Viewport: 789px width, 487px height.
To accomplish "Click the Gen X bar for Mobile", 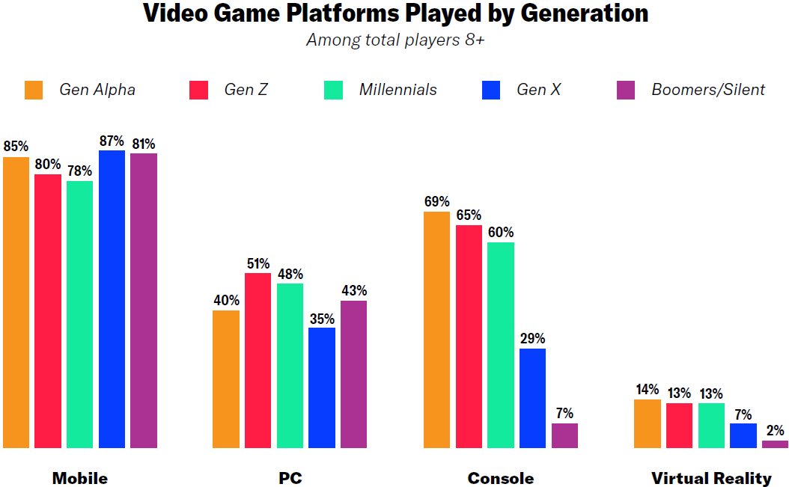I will (112, 299).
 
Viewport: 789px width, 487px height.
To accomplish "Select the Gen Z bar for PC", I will (258, 361).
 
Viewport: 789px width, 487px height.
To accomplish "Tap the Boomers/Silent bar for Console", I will (564, 435).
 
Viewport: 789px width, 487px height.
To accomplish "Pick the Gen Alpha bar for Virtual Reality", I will (648, 423).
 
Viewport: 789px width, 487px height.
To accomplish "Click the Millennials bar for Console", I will (501, 345).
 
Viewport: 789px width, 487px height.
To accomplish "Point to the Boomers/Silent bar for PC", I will (353, 374).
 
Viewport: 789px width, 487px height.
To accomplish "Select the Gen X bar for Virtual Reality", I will (743, 435).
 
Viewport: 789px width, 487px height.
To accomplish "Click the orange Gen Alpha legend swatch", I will (34, 90).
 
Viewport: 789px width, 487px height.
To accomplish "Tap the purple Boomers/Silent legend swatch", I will (625, 90).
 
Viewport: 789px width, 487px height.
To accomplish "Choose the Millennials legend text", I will (397, 90).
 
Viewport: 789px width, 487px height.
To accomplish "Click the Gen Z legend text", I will (246, 90).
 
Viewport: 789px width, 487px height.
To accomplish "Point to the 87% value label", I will (112, 140).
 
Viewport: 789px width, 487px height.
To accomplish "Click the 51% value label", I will (258, 263).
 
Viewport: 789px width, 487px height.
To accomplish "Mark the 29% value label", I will (532, 338).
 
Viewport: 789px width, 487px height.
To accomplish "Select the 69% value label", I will (436, 201).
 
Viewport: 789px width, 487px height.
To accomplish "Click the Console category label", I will (501, 478).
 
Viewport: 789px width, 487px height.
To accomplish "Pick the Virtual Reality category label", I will (711, 478).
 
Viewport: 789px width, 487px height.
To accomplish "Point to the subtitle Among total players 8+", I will (394, 40).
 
